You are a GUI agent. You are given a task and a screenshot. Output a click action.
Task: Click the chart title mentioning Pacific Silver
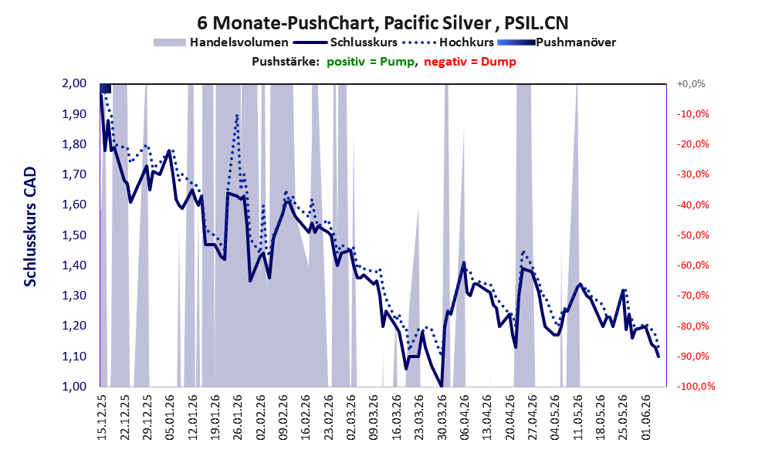(x=383, y=22)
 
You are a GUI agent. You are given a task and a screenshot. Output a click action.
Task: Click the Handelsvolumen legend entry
(x=221, y=42)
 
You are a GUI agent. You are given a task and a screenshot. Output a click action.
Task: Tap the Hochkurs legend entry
(x=448, y=42)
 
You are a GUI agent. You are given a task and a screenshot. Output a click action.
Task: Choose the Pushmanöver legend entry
(x=557, y=42)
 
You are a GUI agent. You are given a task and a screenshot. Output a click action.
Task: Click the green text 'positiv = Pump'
(x=371, y=62)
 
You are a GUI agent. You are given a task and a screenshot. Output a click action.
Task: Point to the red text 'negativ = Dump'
(x=470, y=62)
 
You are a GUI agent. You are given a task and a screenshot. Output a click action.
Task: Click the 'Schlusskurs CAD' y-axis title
(x=30, y=227)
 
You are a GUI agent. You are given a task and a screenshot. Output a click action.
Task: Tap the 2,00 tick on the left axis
(x=74, y=83)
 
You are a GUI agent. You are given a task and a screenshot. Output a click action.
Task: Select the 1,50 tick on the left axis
(x=74, y=235)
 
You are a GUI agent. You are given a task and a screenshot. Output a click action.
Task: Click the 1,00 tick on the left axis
(x=74, y=387)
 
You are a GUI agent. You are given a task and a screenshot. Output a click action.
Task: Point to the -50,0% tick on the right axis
(x=692, y=235)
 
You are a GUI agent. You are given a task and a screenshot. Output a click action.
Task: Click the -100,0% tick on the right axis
(x=696, y=387)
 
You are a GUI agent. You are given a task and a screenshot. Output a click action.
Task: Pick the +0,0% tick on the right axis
(x=691, y=84)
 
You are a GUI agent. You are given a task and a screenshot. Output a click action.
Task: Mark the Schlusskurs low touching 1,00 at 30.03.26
(x=442, y=386)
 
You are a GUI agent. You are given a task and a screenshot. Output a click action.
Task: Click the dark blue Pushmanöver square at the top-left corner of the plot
(x=106, y=88)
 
